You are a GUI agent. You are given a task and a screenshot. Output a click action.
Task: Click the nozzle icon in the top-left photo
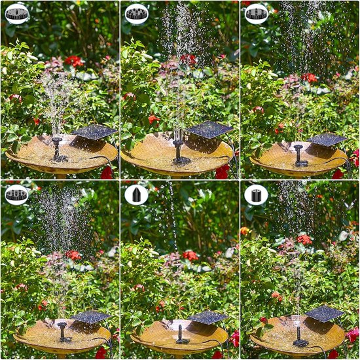(x=17, y=13)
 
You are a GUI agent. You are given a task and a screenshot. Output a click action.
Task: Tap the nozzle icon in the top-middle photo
(x=137, y=13)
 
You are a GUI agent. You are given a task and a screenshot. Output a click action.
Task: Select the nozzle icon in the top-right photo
(x=257, y=13)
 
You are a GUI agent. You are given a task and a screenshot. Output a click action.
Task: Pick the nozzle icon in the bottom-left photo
(x=17, y=194)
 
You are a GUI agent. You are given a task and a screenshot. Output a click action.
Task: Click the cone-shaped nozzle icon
(x=137, y=194)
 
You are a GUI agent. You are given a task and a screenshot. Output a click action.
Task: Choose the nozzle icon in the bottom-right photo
(x=257, y=194)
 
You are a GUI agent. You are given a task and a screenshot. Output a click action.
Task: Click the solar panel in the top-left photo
(x=95, y=132)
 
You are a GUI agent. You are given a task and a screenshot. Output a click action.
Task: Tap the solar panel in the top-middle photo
(x=209, y=129)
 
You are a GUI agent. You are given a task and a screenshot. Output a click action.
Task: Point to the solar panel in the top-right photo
(x=327, y=139)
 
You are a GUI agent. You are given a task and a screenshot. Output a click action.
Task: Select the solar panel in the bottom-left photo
(x=90, y=317)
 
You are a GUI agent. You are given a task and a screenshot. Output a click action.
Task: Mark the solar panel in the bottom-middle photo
(x=208, y=317)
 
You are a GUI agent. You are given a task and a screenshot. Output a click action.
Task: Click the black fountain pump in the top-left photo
(x=59, y=151)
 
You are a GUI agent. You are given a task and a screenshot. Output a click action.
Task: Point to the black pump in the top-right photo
(x=300, y=156)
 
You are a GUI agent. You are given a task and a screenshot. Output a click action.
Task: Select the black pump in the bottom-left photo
(x=63, y=332)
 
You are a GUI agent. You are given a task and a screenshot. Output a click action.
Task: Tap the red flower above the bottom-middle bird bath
(x=190, y=255)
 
